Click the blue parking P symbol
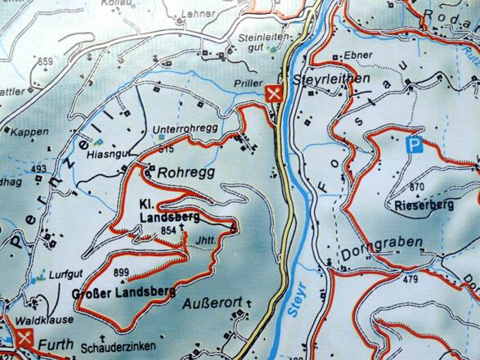click(x=415, y=147)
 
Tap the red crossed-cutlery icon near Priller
click(x=276, y=92)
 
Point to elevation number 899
click(x=123, y=272)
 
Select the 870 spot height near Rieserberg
click(x=418, y=187)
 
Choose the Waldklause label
click(x=35, y=322)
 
